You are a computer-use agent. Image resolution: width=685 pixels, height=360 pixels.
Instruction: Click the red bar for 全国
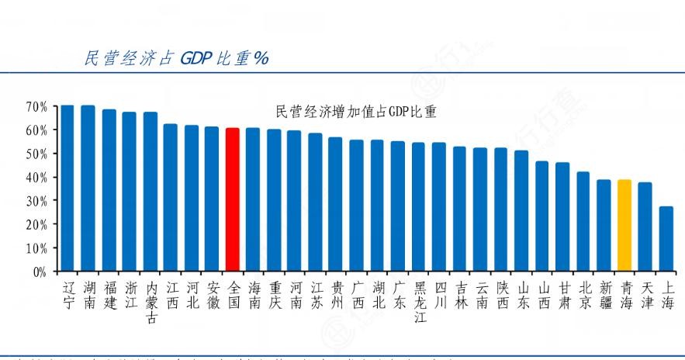[x=232, y=199]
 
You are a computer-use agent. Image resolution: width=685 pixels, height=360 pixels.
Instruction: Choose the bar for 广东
[x=397, y=206]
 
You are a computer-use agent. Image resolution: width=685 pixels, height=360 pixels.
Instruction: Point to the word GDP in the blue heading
[x=202, y=59]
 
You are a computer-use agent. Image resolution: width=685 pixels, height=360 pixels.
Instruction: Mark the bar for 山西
[x=542, y=216]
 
